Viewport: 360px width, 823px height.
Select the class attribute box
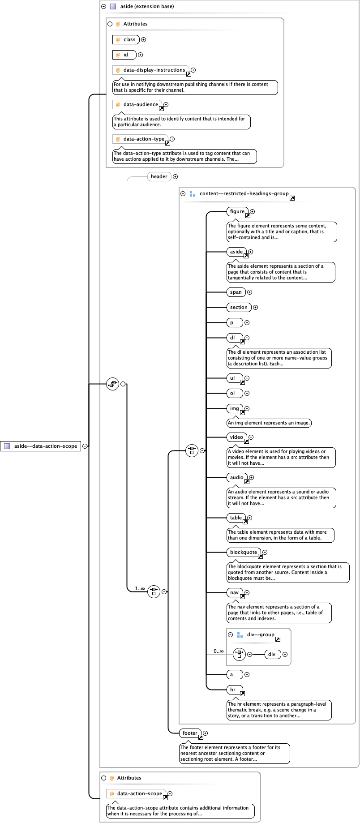(x=126, y=39)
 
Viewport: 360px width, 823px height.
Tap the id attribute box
(x=124, y=55)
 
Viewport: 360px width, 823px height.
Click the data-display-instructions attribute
(x=150, y=70)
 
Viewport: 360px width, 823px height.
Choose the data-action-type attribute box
(x=140, y=139)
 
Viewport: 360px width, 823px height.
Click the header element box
(x=159, y=176)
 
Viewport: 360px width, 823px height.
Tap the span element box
(x=236, y=292)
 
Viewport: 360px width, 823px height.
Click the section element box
(x=239, y=307)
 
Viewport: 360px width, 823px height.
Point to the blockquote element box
(x=244, y=552)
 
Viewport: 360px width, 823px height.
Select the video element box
(x=236, y=437)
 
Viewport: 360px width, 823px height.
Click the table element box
(x=236, y=518)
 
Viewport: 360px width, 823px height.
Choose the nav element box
(x=235, y=592)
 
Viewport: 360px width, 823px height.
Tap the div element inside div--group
(x=272, y=654)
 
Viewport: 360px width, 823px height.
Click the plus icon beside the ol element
(x=247, y=393)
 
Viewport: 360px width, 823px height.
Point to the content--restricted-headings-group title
(x=244, y=193)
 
